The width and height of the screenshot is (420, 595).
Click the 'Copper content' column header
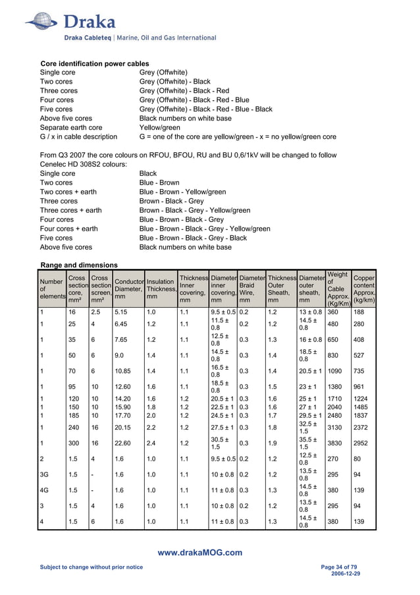pyautogui.click(x=364, y=289)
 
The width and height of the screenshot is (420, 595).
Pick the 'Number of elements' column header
pyautogui.click(x=51, y=289)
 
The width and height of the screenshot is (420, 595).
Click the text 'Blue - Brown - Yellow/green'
pyautogui.click(x=182, y=192)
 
